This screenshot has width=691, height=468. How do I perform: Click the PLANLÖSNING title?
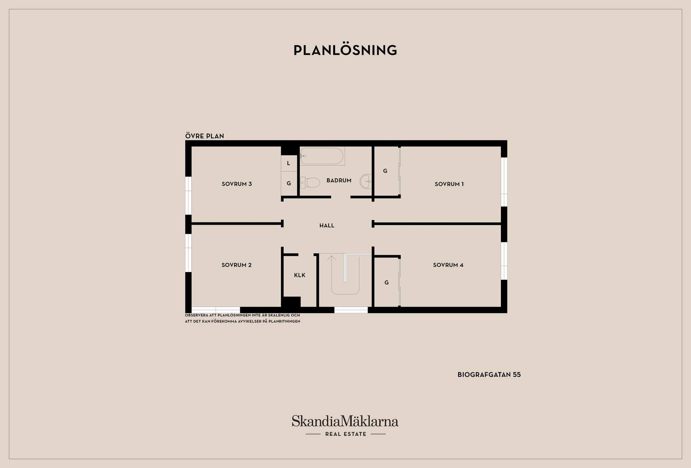click(x=345, y=50)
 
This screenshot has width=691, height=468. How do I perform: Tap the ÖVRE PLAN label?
click(x=204, y=136)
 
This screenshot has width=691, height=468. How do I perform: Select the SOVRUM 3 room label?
click(x=237, y=184)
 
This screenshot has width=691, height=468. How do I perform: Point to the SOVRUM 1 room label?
click(x=449, y=184)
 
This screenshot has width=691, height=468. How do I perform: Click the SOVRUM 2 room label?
click(x=236, y=265)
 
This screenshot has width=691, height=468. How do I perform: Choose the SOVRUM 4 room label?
click(x=448, y=265)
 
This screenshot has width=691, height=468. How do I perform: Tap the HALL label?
click(x=327, y=225)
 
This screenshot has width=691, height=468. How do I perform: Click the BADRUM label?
click(x=339, y=180)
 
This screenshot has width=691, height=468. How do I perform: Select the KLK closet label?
click(x=300, y=275)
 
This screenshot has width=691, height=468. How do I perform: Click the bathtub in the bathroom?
click(x=322, y=156)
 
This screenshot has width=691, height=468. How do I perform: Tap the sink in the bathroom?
click(x=366, y=181)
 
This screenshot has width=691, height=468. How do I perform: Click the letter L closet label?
click(x=288, y=163)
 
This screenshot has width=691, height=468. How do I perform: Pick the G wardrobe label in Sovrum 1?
click(x=385, y=171)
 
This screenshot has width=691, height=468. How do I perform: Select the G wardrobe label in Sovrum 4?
click(x=387, y=283)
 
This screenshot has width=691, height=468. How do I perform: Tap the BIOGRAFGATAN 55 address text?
click(x=489, y=375)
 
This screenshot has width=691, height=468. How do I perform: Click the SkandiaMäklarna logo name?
click(x=345, y=421)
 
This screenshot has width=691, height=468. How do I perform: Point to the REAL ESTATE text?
click(x=346, y=434)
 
